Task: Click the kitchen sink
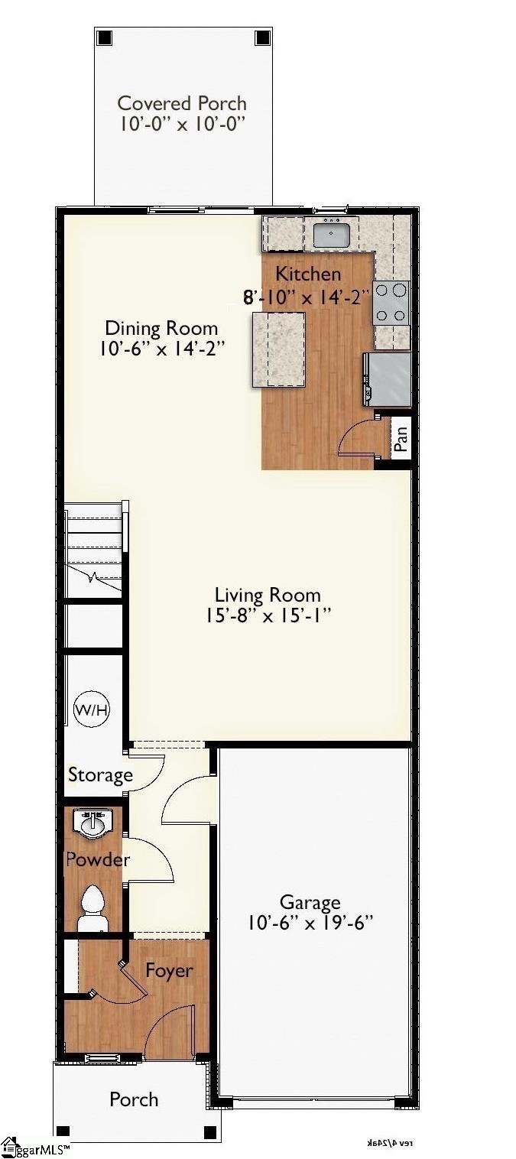coord(331,232)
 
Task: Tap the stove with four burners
coord(391,304)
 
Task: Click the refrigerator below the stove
coord(388,378)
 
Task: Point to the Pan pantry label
coord(401,437)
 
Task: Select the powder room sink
coord(92,823)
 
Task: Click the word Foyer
coord(169,970)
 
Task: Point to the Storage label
coord(100,775)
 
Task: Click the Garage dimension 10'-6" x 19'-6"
coord(310,924)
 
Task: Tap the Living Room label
coord(268,595)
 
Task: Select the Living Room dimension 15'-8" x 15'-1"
coord(268,615)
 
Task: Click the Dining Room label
coord(161,329)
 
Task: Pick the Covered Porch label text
coord(182,103)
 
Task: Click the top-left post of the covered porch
coord(105,37)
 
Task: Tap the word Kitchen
coord(308,274)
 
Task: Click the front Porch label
coord(134,1099)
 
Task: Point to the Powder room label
coord(97,859)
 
